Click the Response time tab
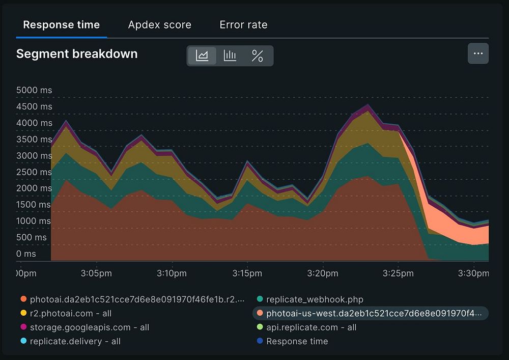click(x=61, y=24)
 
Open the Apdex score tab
click(x=159, y=24)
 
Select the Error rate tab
click(x=243, y=24)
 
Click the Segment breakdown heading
click(x=77, y=54)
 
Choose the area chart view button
click(x=202, y=56)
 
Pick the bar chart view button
click(x=230, y=56)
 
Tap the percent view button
click(x=258, y=56)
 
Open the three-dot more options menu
click(x=478, y=53)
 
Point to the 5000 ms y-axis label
click(x=34, y=90)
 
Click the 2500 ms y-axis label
click(x=34, y=172)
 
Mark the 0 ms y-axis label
click(x=26, y=254)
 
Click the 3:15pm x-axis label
click(x=247, y=273)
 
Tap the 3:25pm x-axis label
click(x=399, y=273)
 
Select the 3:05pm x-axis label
click(x=97, y=273)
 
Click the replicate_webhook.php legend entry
click(x=315, y=299)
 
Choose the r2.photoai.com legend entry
click(x=70, y=313)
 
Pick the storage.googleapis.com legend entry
click(x=89, y=327)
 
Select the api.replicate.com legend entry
click(x=311, y=327)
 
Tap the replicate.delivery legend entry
click(x=75, y=341)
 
